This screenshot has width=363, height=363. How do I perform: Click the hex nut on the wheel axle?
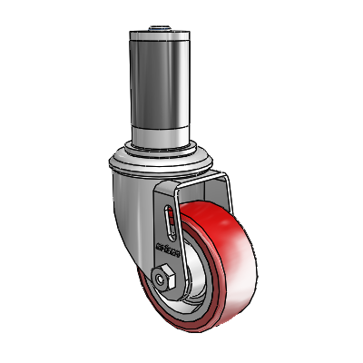pyautogui.click(x=163, y=275)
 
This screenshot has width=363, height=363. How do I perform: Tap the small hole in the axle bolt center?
pyautogui.click(x=164, y=276)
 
